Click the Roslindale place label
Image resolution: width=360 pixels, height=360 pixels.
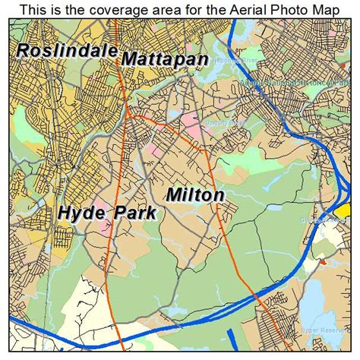(x=67, y=52)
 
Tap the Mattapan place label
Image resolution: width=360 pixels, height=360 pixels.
(x=165, y=58)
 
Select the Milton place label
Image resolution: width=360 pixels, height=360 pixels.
(x=195, y=195)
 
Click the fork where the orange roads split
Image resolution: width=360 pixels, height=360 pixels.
(x=131, y=114)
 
